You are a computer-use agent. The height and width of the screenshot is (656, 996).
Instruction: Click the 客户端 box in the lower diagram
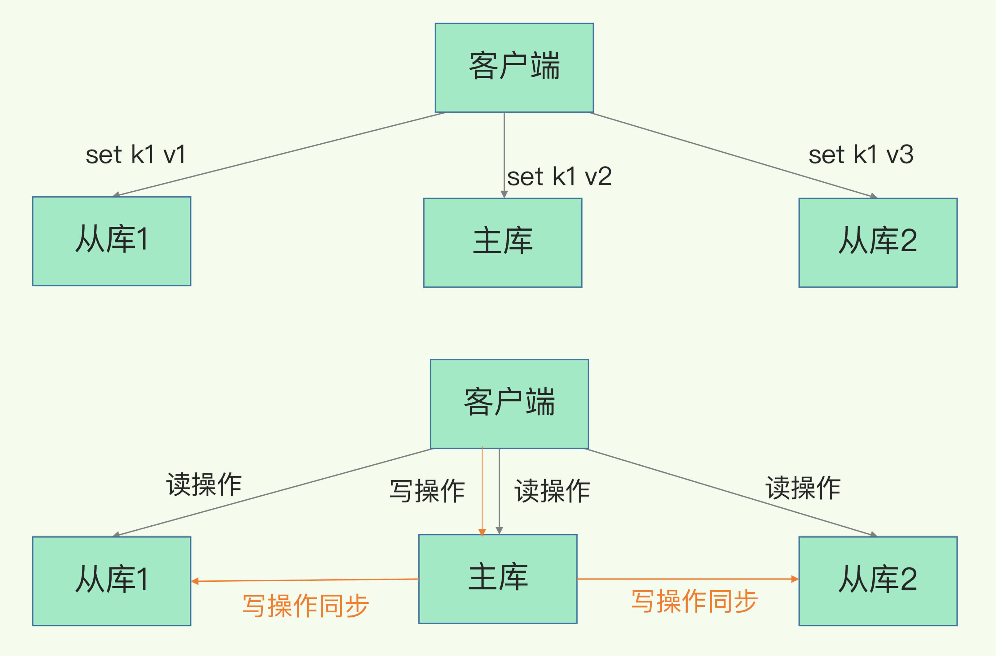pyautogui.click(x=509, y=404)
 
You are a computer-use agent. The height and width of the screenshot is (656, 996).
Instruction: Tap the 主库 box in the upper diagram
pyautogui.click(x=502, y=242)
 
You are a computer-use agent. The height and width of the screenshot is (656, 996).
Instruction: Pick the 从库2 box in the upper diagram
pyautogui.click(x=878, y=242)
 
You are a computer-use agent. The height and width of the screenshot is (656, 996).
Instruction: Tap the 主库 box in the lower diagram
pyautogui.click(x=498, y=579)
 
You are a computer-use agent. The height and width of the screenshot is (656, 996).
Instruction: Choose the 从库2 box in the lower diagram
pyautogui.click(x=878, y=581)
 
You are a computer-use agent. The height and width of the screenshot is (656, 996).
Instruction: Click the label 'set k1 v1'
pyautogui.click(x=135, y=155)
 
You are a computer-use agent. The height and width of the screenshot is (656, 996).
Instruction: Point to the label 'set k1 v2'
pyautogui.click(x=559, y=176)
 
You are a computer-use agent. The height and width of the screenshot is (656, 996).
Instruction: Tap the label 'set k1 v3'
pyautogui.click(x=861, y=155)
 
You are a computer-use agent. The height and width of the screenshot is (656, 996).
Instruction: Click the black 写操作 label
pyautogui.click(x=427, y=491)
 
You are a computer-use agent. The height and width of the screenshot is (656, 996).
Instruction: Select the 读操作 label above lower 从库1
pyautogui.click(x=204, y=484)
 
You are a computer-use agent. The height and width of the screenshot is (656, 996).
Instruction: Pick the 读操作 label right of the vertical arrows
pyautogui.click(x=552, y=491)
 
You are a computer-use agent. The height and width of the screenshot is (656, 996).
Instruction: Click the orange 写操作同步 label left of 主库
pyautogui.click(x=305, y=605)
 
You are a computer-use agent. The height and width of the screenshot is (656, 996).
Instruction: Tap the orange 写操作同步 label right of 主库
pyautogui.click(x=694, y=601)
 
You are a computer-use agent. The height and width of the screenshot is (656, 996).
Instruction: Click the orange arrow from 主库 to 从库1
pyautogui.click(x=305, y=580)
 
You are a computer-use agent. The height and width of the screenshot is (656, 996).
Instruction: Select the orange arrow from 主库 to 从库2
pyautogui.click(x=687, y=579)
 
